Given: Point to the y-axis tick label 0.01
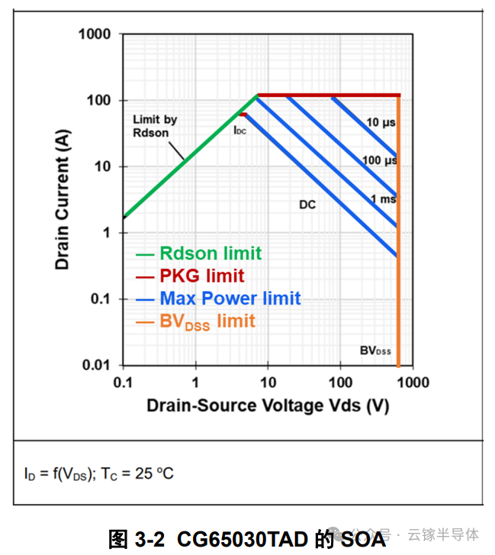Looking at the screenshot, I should [96, 365].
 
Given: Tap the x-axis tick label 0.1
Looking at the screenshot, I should [123, 382].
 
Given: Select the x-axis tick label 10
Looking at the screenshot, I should [267, 382].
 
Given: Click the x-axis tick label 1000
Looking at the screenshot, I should [413, 382].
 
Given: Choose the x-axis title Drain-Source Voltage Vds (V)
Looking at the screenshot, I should [268, 405].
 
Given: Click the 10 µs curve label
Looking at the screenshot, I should [379, 122].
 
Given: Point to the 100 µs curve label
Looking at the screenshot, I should [379, 160].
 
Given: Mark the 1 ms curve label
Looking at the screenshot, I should [382, 199].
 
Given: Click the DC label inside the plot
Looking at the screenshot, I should [307, 205].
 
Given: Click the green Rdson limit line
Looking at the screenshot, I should [183, 160].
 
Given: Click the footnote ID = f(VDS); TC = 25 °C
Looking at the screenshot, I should [99, 473].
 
